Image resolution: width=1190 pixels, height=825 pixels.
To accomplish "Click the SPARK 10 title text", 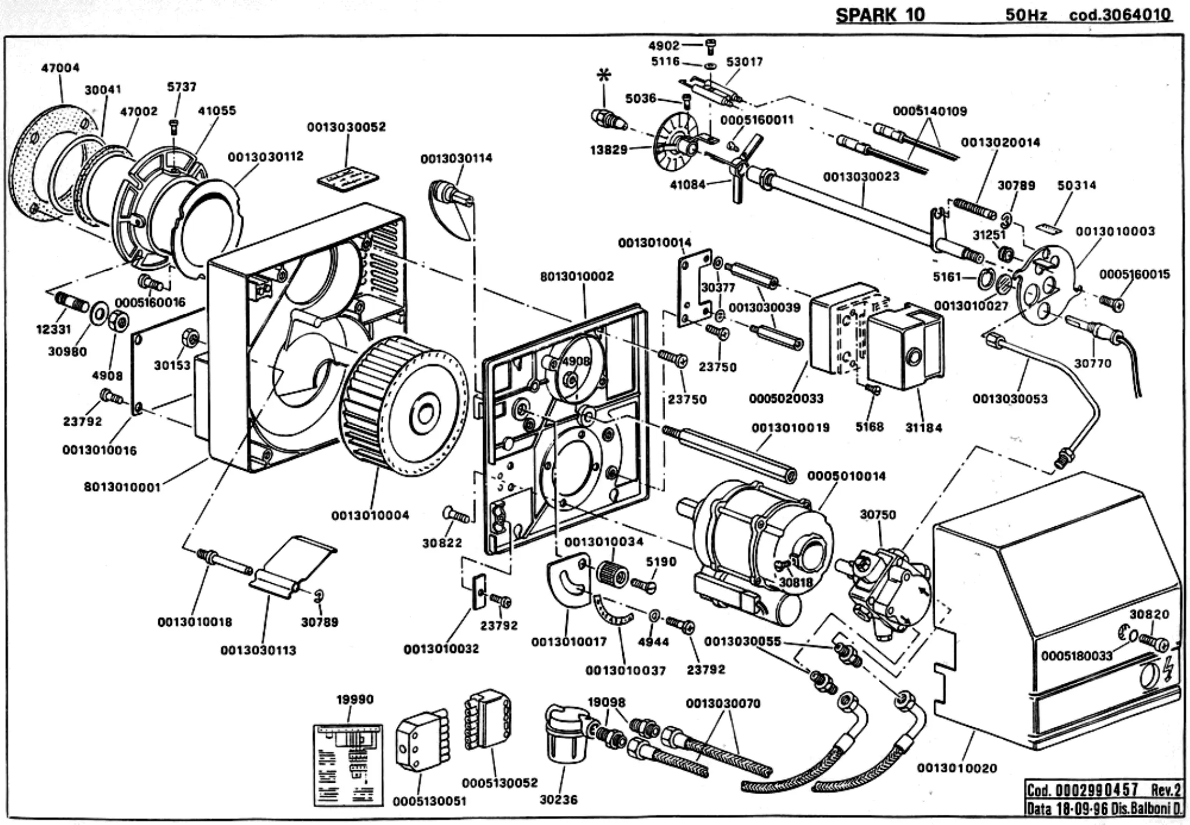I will tap(880, 15).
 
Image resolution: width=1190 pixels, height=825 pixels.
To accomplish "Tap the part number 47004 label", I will tap(60, 68).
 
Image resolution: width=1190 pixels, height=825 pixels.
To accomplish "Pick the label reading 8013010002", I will tap(577, 277).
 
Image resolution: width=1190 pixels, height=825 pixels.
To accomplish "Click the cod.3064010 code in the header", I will tap(1120, 15).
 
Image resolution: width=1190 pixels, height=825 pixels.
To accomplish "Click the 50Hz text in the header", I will tap(1026, 15).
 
